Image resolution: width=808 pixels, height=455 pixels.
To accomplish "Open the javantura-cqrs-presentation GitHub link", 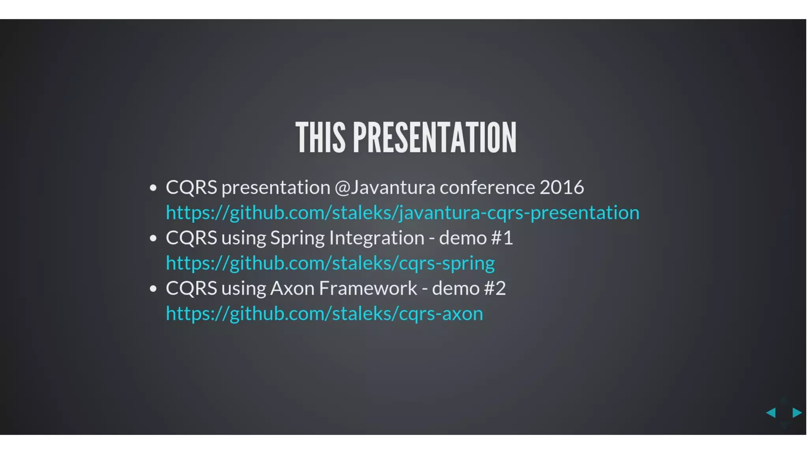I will tap(402, 212).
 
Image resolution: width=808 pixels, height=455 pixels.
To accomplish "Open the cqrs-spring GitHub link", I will tap(330, 263).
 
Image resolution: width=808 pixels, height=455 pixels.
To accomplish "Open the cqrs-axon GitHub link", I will tap(324, 314).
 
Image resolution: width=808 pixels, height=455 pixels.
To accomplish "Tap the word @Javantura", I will tap(385, 187).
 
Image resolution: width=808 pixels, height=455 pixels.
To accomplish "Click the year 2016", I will tap(561, 187).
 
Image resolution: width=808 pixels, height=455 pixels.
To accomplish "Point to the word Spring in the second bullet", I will tap(297, 238).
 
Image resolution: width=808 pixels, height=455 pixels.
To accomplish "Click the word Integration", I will tap(377, 238).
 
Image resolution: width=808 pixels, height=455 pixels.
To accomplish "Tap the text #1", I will tap(502, 238).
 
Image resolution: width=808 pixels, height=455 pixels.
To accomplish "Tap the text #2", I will tap(495, 288).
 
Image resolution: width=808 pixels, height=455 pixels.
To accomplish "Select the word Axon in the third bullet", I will tap(292, 288).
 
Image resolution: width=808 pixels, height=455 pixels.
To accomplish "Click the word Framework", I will tap(368, 288).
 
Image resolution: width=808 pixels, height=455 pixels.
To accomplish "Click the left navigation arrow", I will tap(771, 413).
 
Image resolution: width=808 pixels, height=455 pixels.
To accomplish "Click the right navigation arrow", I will tap(797, 413).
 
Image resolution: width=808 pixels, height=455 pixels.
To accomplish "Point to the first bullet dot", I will tap(153, 188).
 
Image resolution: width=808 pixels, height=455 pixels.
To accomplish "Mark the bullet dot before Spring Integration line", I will tap(153, 239).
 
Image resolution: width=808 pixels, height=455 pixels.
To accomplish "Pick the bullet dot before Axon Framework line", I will tap(153, 289).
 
